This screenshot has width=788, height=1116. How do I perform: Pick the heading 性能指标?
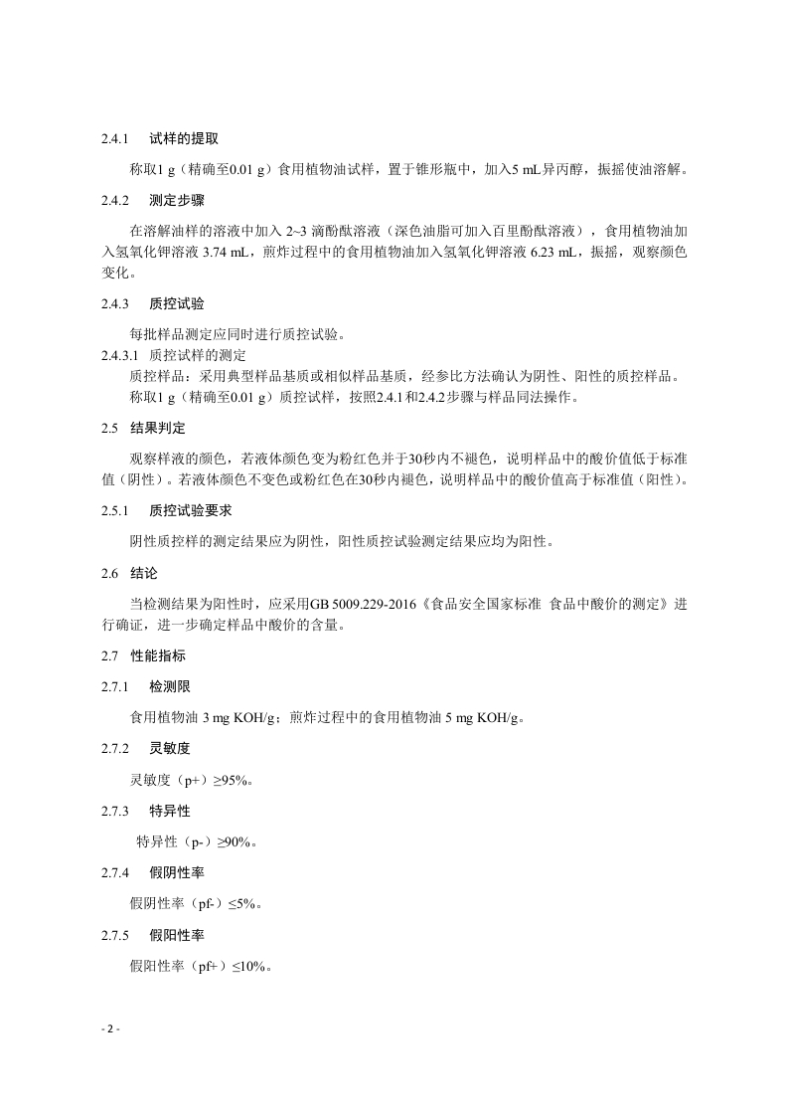158,656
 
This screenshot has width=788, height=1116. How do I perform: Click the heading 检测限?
170,687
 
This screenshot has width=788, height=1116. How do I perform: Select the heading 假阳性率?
177,935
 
